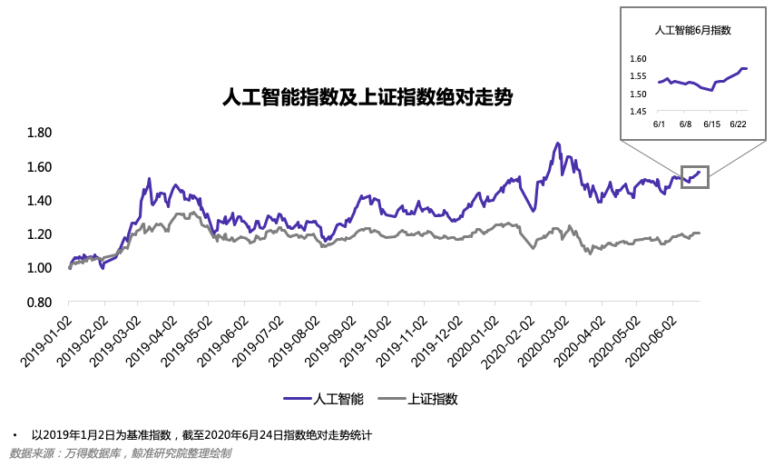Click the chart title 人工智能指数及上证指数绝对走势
[367, 97]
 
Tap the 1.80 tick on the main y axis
[40, 133]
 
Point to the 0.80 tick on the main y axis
[40, 302]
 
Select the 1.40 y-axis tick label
[40, 200]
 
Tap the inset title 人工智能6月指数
[693, 30]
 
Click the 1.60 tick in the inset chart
[637, 60]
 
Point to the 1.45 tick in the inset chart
[637, 111]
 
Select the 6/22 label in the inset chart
[738, 124]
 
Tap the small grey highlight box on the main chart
[694, 177]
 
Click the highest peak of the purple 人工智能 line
[557, 144]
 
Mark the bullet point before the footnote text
[15, 435]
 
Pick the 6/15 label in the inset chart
[712, 124]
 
